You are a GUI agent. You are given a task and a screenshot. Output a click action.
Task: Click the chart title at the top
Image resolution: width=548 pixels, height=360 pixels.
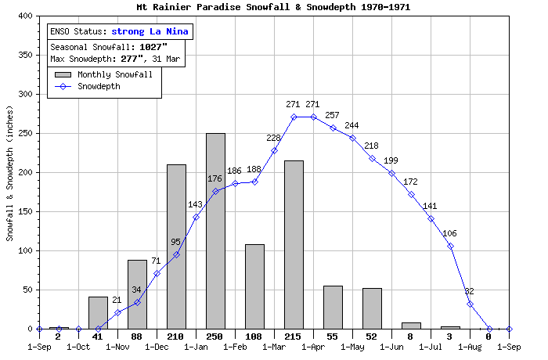coord(273,7)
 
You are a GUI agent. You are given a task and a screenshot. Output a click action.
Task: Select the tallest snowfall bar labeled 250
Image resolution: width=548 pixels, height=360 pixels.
coord(215,231)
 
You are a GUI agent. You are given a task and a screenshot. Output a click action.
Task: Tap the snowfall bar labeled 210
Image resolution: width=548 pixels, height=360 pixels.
coord(176,247)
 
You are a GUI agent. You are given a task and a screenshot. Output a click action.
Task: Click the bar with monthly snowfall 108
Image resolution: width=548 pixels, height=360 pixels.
coord(254,286)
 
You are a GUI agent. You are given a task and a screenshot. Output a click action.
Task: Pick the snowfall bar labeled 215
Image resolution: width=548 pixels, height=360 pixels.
coord(294,244)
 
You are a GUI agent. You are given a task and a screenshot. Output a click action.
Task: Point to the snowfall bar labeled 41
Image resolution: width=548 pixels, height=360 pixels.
coord(98,313)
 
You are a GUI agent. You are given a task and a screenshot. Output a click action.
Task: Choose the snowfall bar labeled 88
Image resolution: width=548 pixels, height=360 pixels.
coord(137,294)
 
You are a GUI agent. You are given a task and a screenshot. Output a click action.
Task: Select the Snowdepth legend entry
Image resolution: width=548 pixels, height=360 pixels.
coord(98,87)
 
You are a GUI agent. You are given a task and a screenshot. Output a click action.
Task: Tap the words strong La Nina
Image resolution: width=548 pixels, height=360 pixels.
coord(150,32)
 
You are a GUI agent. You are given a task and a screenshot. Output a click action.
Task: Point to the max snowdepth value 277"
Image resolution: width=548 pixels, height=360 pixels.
coord(133,59)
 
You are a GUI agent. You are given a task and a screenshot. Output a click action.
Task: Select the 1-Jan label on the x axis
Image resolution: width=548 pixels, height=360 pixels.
coord(196,346)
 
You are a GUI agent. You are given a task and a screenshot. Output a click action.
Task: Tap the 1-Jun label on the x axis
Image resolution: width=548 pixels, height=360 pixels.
coord(391,346)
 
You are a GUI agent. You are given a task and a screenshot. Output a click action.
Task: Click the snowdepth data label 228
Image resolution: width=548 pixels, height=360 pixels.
coord(273,139)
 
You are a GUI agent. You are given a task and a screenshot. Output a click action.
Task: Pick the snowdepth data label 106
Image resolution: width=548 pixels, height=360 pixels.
coord(449,234)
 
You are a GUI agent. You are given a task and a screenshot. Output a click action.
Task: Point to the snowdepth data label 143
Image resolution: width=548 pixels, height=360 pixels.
coord(196,205)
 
